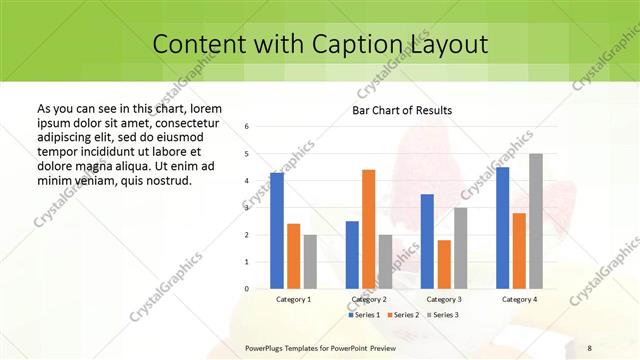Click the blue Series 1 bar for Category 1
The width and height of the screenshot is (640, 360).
[x=277, y=230]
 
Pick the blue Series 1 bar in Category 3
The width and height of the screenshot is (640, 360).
[x=427, y=241]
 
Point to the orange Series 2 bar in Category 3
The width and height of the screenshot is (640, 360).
[x=444, y=264]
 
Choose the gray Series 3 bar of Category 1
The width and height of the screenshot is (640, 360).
[x=310, y=261]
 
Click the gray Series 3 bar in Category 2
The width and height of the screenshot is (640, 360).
[x=385, y=261]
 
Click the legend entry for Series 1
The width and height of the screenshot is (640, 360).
[x=364, y=315]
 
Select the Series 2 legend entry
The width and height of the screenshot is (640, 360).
[x=402, y=315]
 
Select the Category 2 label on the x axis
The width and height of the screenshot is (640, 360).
[x=369, y=299]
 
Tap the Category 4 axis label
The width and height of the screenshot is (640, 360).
[x=519, y=299]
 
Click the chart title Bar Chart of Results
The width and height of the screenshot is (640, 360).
[x=402, y=110]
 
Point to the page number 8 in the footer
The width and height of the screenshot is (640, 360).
[x=590, y=347]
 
